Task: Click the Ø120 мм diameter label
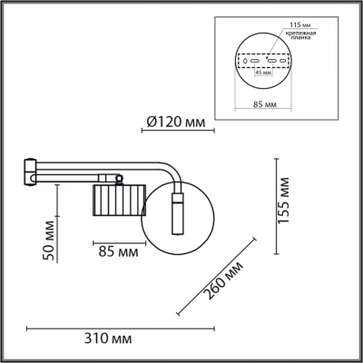[176, 123]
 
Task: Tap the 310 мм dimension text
[108, 338]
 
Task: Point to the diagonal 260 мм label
[223, 280]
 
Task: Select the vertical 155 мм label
[283, 201]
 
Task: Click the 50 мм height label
[48, 240]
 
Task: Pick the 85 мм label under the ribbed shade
[118, 251]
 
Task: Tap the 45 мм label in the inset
[262, 73]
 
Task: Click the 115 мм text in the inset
[300, 25]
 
